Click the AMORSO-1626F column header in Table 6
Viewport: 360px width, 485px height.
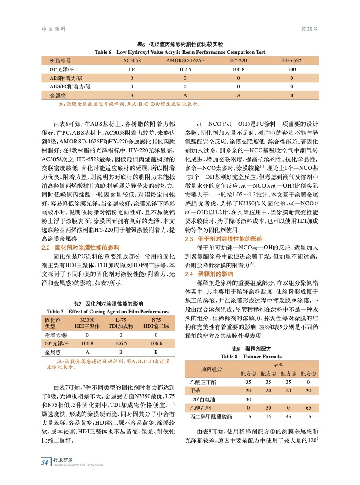click(185, 60)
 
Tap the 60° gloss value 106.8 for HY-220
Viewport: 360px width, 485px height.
click(238, 69)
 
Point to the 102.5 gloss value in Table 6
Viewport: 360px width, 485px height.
click(185, 69)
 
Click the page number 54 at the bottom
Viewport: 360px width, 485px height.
click(45, 462)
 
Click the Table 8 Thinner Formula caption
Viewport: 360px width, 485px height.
click(251, 357)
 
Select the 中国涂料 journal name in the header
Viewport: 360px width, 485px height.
click(54, 29)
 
